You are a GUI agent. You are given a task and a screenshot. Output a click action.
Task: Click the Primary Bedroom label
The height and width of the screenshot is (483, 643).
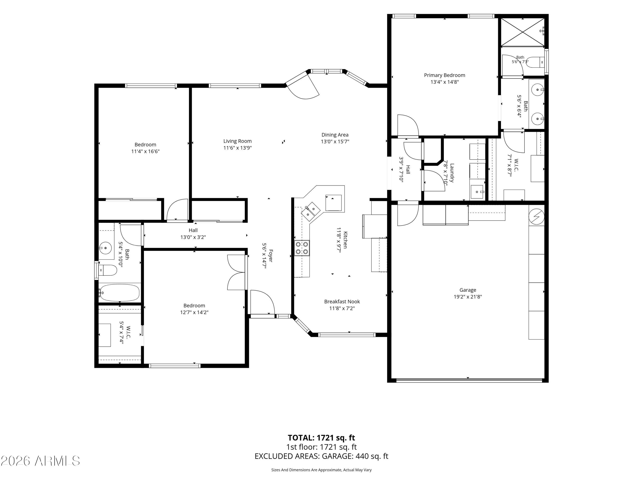point(445,75)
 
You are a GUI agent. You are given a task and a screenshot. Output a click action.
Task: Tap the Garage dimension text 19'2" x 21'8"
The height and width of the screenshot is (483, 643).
point(468,297)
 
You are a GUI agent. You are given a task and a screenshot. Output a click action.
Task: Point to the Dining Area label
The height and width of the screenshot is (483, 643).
point(335,135)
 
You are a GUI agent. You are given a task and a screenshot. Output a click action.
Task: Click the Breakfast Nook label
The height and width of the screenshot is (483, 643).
point(342,302)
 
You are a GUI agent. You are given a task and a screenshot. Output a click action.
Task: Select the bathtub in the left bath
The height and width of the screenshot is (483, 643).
point(119,293)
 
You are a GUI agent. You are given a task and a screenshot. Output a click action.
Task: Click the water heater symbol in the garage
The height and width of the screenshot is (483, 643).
point(536,217)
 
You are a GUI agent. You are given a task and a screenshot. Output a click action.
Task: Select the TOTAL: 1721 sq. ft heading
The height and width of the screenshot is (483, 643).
point(321,437)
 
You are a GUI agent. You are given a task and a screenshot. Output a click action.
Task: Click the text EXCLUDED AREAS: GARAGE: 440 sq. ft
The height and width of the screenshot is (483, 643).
point(321,456)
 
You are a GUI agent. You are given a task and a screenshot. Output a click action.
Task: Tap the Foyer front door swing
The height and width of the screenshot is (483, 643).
point(263,302)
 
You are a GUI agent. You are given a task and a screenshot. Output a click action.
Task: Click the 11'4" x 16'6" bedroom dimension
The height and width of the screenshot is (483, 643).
point(145,151)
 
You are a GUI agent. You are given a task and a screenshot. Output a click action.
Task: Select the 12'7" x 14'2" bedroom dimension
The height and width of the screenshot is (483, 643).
point(194,312)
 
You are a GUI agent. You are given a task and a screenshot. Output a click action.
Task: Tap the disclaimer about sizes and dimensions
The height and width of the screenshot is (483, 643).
point(321,470)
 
